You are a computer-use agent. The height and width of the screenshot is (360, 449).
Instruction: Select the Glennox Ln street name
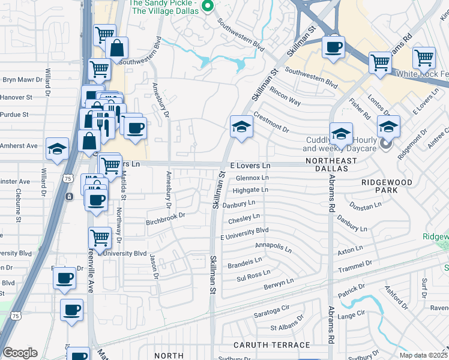[x=252, y=178]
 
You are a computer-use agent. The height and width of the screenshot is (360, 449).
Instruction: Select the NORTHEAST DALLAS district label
[x=331, y=165]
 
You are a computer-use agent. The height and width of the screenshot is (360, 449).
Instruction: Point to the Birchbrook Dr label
[x=164, y=219]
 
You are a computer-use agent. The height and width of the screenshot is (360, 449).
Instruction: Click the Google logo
[x=20, y=353]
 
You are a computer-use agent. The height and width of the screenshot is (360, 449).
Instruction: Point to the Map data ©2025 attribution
[x=423, y=355]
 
